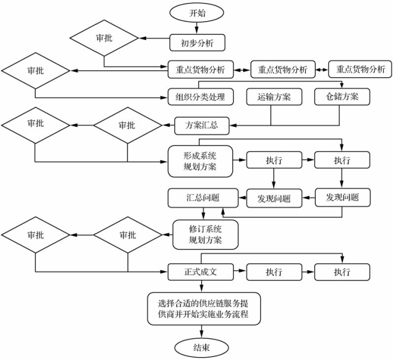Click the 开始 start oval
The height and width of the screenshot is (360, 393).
(196, 12)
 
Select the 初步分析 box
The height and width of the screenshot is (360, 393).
(197, 43)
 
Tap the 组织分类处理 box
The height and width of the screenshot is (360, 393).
(201, 96)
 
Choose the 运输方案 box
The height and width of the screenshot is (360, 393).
(274, 96)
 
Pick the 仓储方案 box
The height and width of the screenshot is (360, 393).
(342, 96)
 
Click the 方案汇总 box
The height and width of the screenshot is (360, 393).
(202, 126)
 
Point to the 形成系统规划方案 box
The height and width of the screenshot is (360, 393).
(200, 161)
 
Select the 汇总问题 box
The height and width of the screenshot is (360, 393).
(203, 198)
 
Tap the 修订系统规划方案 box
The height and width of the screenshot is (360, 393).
(205, 235)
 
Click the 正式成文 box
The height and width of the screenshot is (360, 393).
(201, 272)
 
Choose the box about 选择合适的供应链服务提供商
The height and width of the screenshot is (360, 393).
(204, 309)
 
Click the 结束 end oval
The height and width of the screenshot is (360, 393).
(202, 348)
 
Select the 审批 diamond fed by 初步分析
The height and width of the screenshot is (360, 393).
(104, 38)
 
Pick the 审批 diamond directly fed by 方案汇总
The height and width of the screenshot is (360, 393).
(128, 125)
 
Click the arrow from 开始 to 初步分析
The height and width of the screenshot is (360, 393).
(196, 28)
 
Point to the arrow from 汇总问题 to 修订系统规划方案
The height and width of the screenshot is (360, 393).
(204, 214)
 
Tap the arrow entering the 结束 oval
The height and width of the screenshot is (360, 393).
(202, 331)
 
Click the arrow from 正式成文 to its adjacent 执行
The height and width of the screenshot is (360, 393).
(240, 271)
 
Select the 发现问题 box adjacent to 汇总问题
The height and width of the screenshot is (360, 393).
(274, 199)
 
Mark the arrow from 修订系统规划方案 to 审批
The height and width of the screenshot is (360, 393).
(167, 235)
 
